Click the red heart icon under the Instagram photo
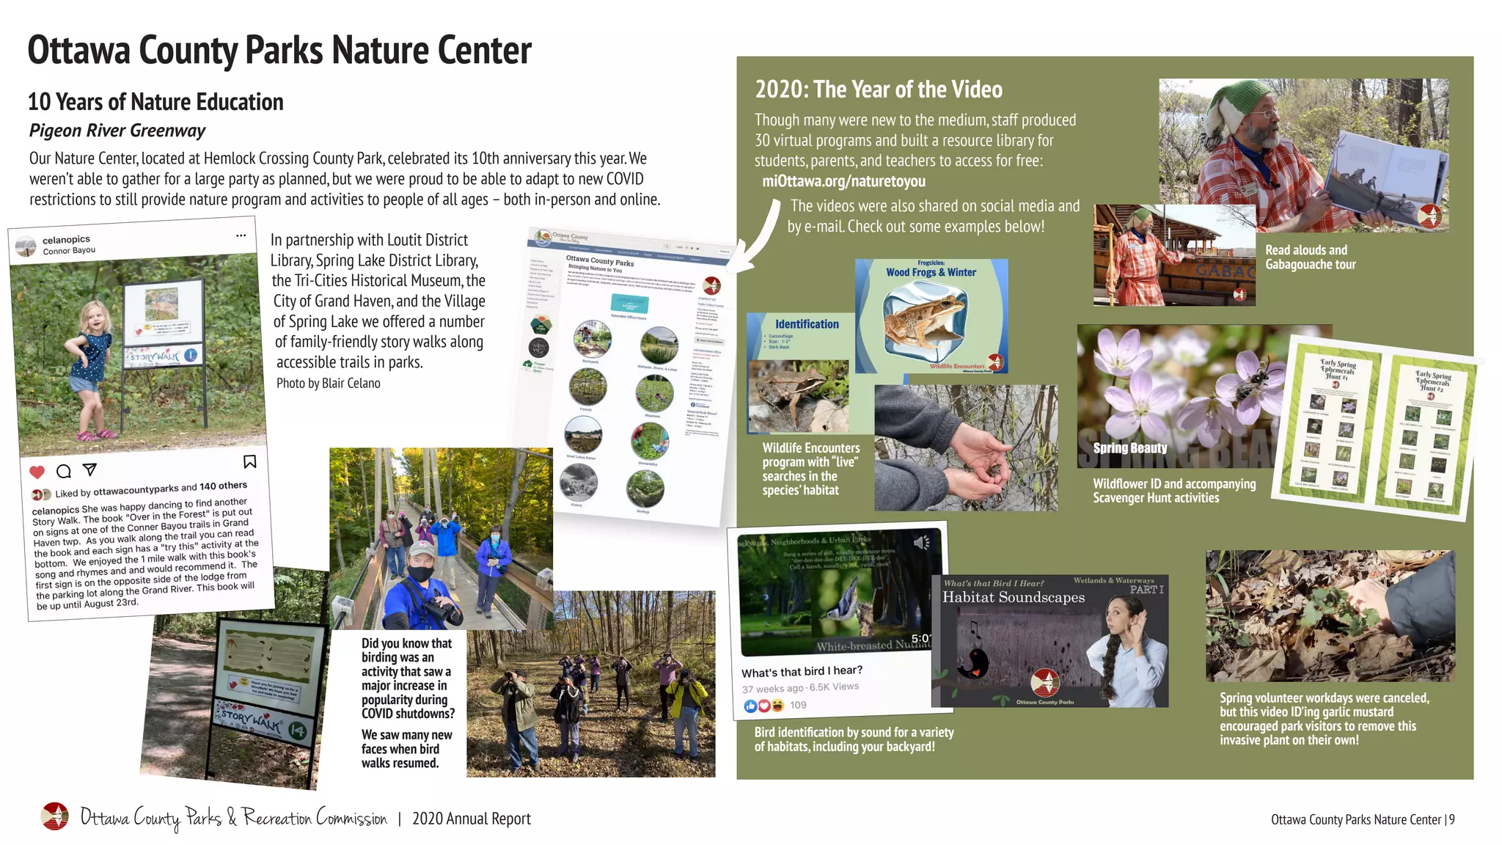(x=37, y=472)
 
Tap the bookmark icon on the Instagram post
(x=249, y=461)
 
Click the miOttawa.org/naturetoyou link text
(x=843, y=181)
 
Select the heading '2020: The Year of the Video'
(x=879, y=89)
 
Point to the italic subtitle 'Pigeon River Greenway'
(x=117, y=131)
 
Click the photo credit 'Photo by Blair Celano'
(x=328, y=383)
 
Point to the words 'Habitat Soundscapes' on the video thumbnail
(x=1013, y=597)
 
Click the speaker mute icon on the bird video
(x=921, y=543)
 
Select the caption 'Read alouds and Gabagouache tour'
(x=1310, y=257)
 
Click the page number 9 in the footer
(x=1451, y=819)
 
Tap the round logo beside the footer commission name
(x=55, y=816)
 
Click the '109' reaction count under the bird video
(x=798, y=705)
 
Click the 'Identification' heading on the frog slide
(x=807, y=324)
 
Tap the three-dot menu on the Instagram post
(x=241, y=235)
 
